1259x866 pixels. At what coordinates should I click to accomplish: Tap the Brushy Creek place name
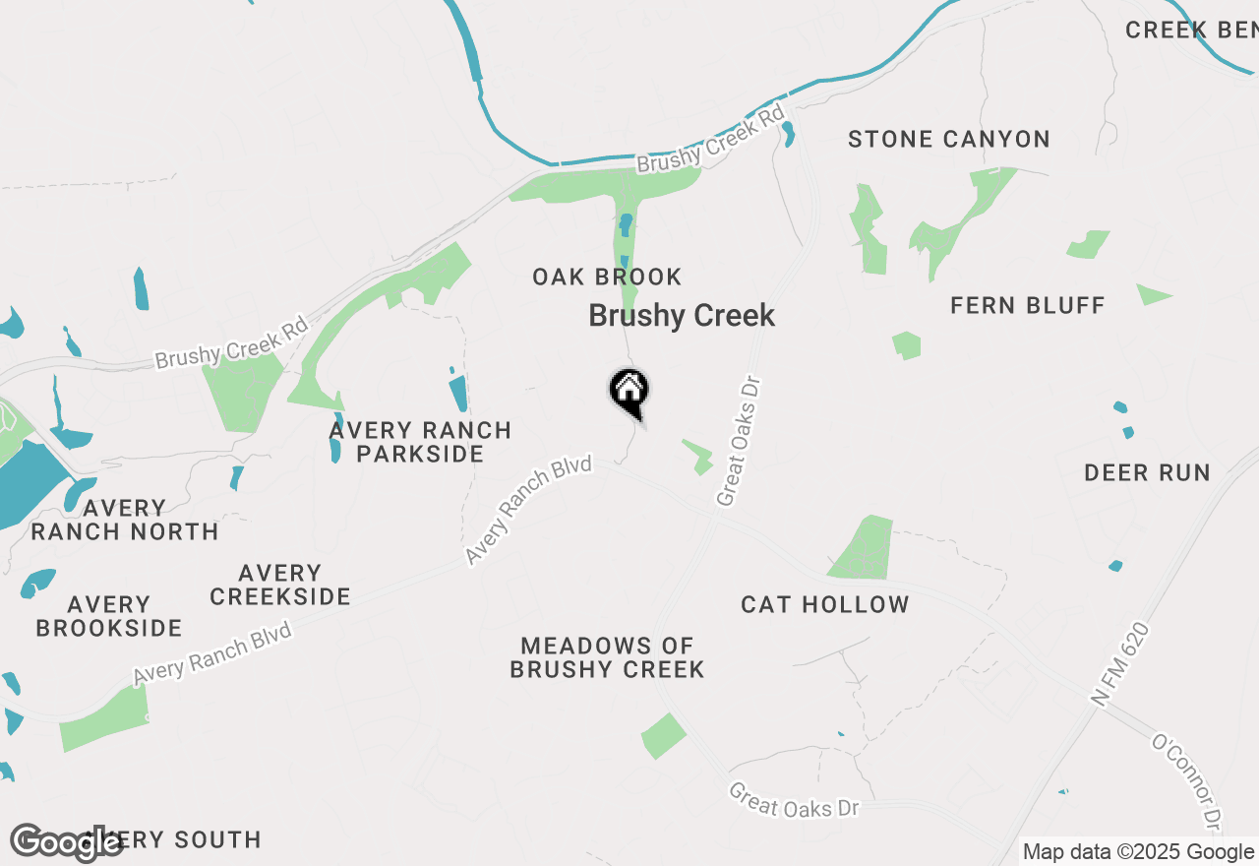[682, 316]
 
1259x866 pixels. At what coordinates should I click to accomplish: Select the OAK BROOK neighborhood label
[607, 278]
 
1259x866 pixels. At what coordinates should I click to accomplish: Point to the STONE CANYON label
[949, 140]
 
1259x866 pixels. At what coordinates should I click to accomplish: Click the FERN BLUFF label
[1028, 306]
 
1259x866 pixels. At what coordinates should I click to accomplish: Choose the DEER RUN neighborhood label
[1147, 473]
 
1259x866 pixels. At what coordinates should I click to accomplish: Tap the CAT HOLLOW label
[825, 604]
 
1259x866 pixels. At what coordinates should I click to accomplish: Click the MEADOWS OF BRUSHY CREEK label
[607, 657]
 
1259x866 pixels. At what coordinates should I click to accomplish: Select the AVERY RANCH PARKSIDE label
[420, 442]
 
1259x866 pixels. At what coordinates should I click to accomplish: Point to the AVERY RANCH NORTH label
[125, 520]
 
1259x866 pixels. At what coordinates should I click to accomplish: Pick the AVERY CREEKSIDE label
[280, 585]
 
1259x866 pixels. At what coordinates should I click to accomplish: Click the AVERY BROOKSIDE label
[109, 616]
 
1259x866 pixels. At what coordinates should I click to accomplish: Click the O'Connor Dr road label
[1187, 783]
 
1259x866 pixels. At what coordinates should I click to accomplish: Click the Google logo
[66, 843]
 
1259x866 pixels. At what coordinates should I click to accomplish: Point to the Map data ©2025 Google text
[1138, 852]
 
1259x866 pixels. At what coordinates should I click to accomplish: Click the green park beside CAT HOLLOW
[864, 548]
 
